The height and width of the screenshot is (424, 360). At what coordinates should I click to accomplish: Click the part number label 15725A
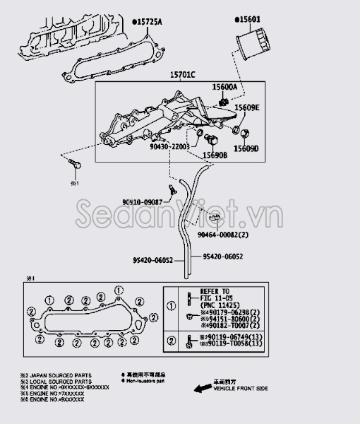click(x=148, y=23)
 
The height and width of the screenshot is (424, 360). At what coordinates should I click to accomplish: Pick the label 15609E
click(x=247, y=107)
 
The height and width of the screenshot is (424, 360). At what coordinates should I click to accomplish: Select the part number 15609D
click(x=246, y=149)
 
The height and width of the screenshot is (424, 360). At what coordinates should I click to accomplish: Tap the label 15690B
click(x=215, y=154)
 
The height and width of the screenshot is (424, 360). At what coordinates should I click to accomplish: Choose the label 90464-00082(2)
click(x=222, y=235)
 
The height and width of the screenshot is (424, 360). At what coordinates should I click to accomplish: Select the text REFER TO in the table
click(x=215, y=290)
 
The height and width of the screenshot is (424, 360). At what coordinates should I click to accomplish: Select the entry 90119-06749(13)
click(x=230, y=338)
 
